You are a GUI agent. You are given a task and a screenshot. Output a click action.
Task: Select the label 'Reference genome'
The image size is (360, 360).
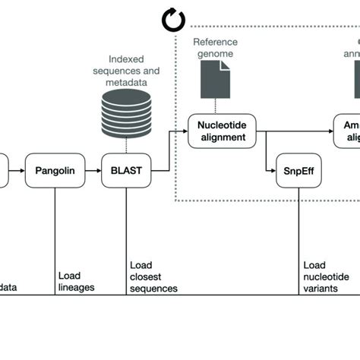[x=215, y=47]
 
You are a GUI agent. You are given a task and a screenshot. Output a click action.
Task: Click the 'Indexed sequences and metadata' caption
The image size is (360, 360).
[x=134, y=71]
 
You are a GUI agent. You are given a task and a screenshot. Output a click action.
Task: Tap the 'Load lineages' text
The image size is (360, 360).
[x=75, y=281]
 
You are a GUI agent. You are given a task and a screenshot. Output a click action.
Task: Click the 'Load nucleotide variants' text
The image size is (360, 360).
[x=326, y=277]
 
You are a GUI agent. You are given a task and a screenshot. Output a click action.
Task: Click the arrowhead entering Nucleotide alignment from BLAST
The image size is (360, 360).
[x=185, y=130]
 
